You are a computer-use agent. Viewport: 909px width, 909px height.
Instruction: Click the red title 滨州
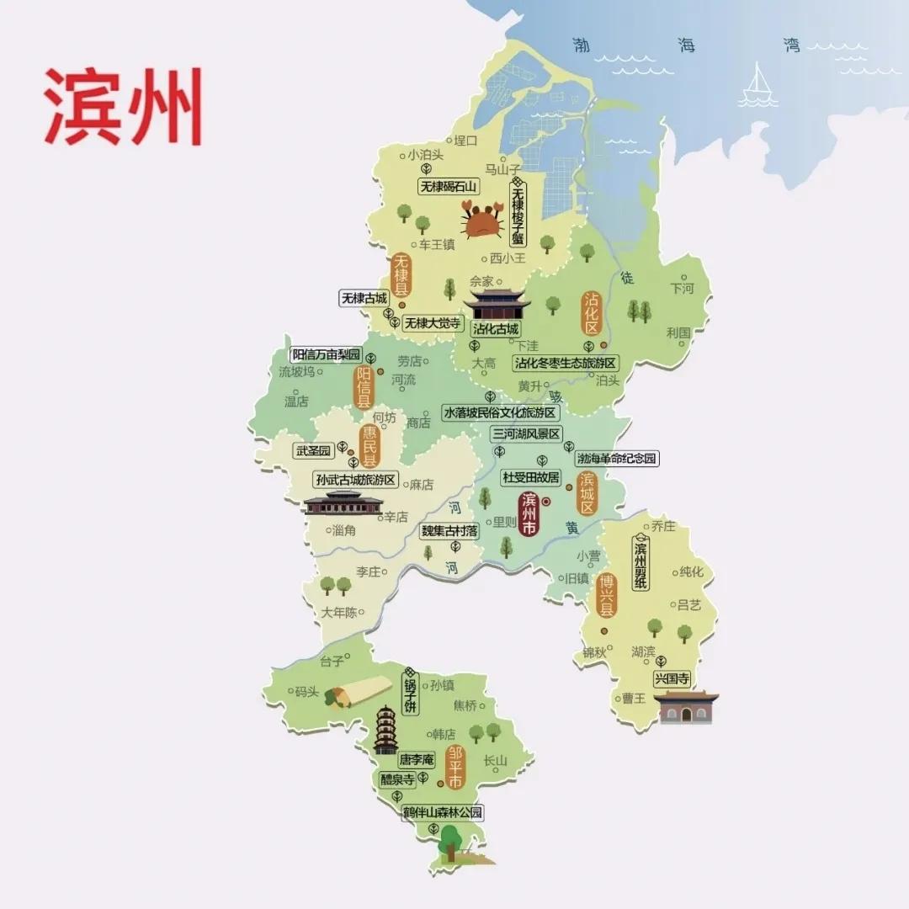coord(123,107)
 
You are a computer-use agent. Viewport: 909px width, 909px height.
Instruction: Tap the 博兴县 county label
coord(606,595)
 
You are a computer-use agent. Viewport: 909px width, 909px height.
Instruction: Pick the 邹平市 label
coord(455,766)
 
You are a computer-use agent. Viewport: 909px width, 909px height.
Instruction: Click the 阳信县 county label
coord(364,387)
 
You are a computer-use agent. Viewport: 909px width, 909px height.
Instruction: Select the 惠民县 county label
coord(369,447)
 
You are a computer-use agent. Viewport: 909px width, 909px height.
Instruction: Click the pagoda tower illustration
coord(385,730)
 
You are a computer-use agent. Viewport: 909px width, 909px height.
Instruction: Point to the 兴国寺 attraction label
coord(672,678)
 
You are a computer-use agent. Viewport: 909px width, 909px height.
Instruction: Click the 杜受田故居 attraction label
coord(530,477)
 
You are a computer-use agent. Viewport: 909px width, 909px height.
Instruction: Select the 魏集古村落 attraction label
coord(449,531)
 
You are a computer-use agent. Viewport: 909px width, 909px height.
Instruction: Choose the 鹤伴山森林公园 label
coord(444,813)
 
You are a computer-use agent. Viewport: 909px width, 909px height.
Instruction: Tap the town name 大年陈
coord(339,612)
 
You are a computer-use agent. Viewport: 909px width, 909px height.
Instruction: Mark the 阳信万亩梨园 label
coord(326,354)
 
